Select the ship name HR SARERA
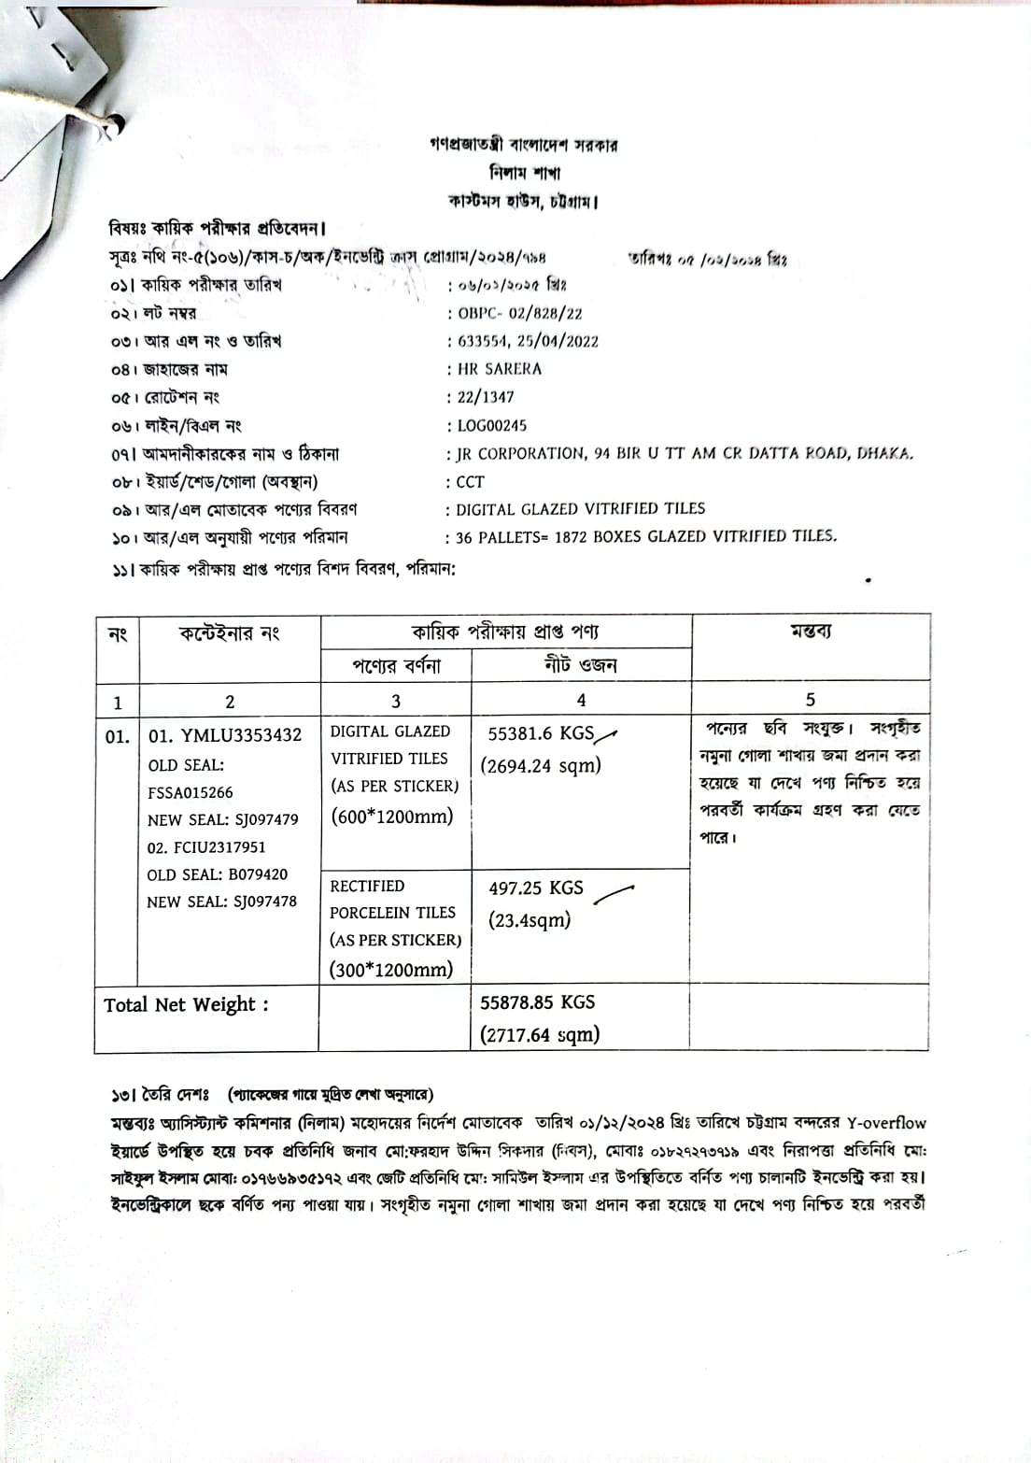click(499, 369)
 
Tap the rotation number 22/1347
click(486, 397)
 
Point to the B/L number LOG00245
click(491, 426)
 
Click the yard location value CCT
click(470, 482)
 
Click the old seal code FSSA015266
click(191, 792)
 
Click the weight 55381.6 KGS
click(541, 733)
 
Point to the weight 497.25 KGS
click(535, 888)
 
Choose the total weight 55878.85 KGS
click(537, 1001)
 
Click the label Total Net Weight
click(186, 1004)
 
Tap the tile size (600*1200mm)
click(391, 816)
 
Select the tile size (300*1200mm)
click(390, 969)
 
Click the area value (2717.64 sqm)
click(539, 1034)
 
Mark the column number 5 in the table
click(810, 699)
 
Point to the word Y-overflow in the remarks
click(886, 1122)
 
